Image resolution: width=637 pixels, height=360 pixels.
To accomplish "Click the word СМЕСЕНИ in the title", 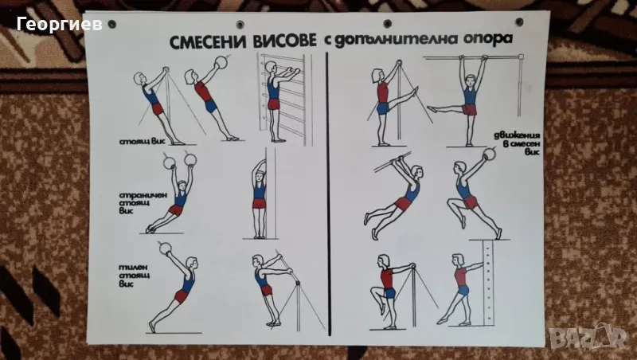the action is pyautogui.click(x=209, y=41).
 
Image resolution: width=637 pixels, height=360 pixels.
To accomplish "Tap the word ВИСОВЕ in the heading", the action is pyautogui.click(x=285, y=41).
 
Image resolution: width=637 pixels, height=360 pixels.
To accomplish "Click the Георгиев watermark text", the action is pyautogui.click(x=59, y=25).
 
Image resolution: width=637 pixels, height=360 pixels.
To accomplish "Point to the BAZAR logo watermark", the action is pyautogui.click(x=588, y=337).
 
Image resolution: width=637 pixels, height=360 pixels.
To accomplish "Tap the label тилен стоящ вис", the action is pyautogui.click(x=134, y=276).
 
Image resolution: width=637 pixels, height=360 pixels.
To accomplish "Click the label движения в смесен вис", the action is pyautogui.click(x=517, y=143).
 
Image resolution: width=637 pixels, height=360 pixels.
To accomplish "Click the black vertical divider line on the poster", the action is pyautogui.click(x=327, y=194).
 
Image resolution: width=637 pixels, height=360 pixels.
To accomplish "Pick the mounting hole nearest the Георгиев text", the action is pyautogui.click(x=111, y=25).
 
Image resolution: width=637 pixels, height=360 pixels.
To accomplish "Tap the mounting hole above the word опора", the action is pyautogui.click(x=519, y=22).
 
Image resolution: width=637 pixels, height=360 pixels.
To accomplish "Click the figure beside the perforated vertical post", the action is pyautogui.click(x=461, y=289).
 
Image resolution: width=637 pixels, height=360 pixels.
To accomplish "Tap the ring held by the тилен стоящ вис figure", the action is pyautogui.click(x=165, y=248).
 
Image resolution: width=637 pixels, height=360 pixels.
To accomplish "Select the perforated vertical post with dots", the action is pyautogui.click(x=489, y=283).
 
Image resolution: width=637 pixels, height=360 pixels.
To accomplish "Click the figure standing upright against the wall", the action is pyautogui.click(x=259, y=199).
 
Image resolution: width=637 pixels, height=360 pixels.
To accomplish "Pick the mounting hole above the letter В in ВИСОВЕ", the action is pyautogui.click(x=240, y=25).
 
